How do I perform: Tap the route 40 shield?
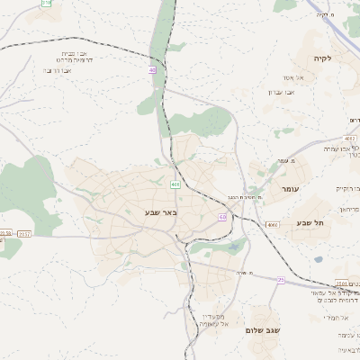(x=153, y=69)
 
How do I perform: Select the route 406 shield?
(x=175, y=184)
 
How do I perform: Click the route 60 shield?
(x=222, y=217)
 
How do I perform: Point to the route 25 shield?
(x=281, y=280)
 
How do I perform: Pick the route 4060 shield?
(x=273, y=224)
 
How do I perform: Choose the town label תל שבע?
(x=309, y=222)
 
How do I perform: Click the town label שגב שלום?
(x=263, y=330)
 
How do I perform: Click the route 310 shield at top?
(x=47, y=3)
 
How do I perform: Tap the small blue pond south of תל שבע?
(x=318, y=260)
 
